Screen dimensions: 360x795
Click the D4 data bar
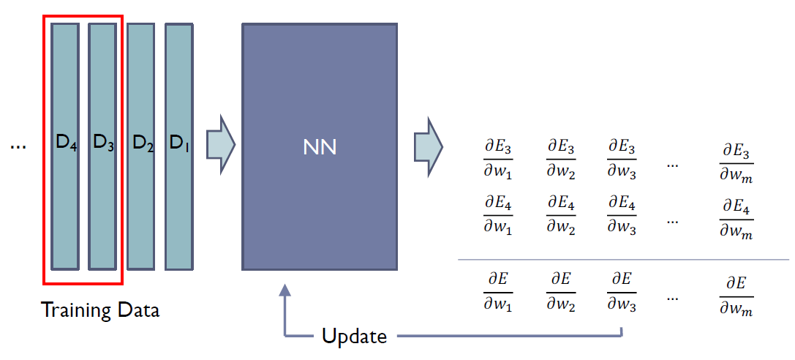coord(65,146)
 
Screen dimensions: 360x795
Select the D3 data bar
coord(103,146)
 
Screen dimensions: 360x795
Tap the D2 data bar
coord(141,146)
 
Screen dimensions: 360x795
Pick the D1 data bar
coord(179,146)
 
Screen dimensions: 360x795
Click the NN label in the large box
coord(320,147)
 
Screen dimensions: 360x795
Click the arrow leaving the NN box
coord(428,144)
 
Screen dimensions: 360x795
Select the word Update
coord(355,337)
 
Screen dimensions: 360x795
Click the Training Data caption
coord(100,310)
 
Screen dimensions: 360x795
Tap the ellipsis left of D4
coord(19,146)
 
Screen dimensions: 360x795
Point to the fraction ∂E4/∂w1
coord(498,214)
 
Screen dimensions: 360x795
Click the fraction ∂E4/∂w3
coord(621,214)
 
